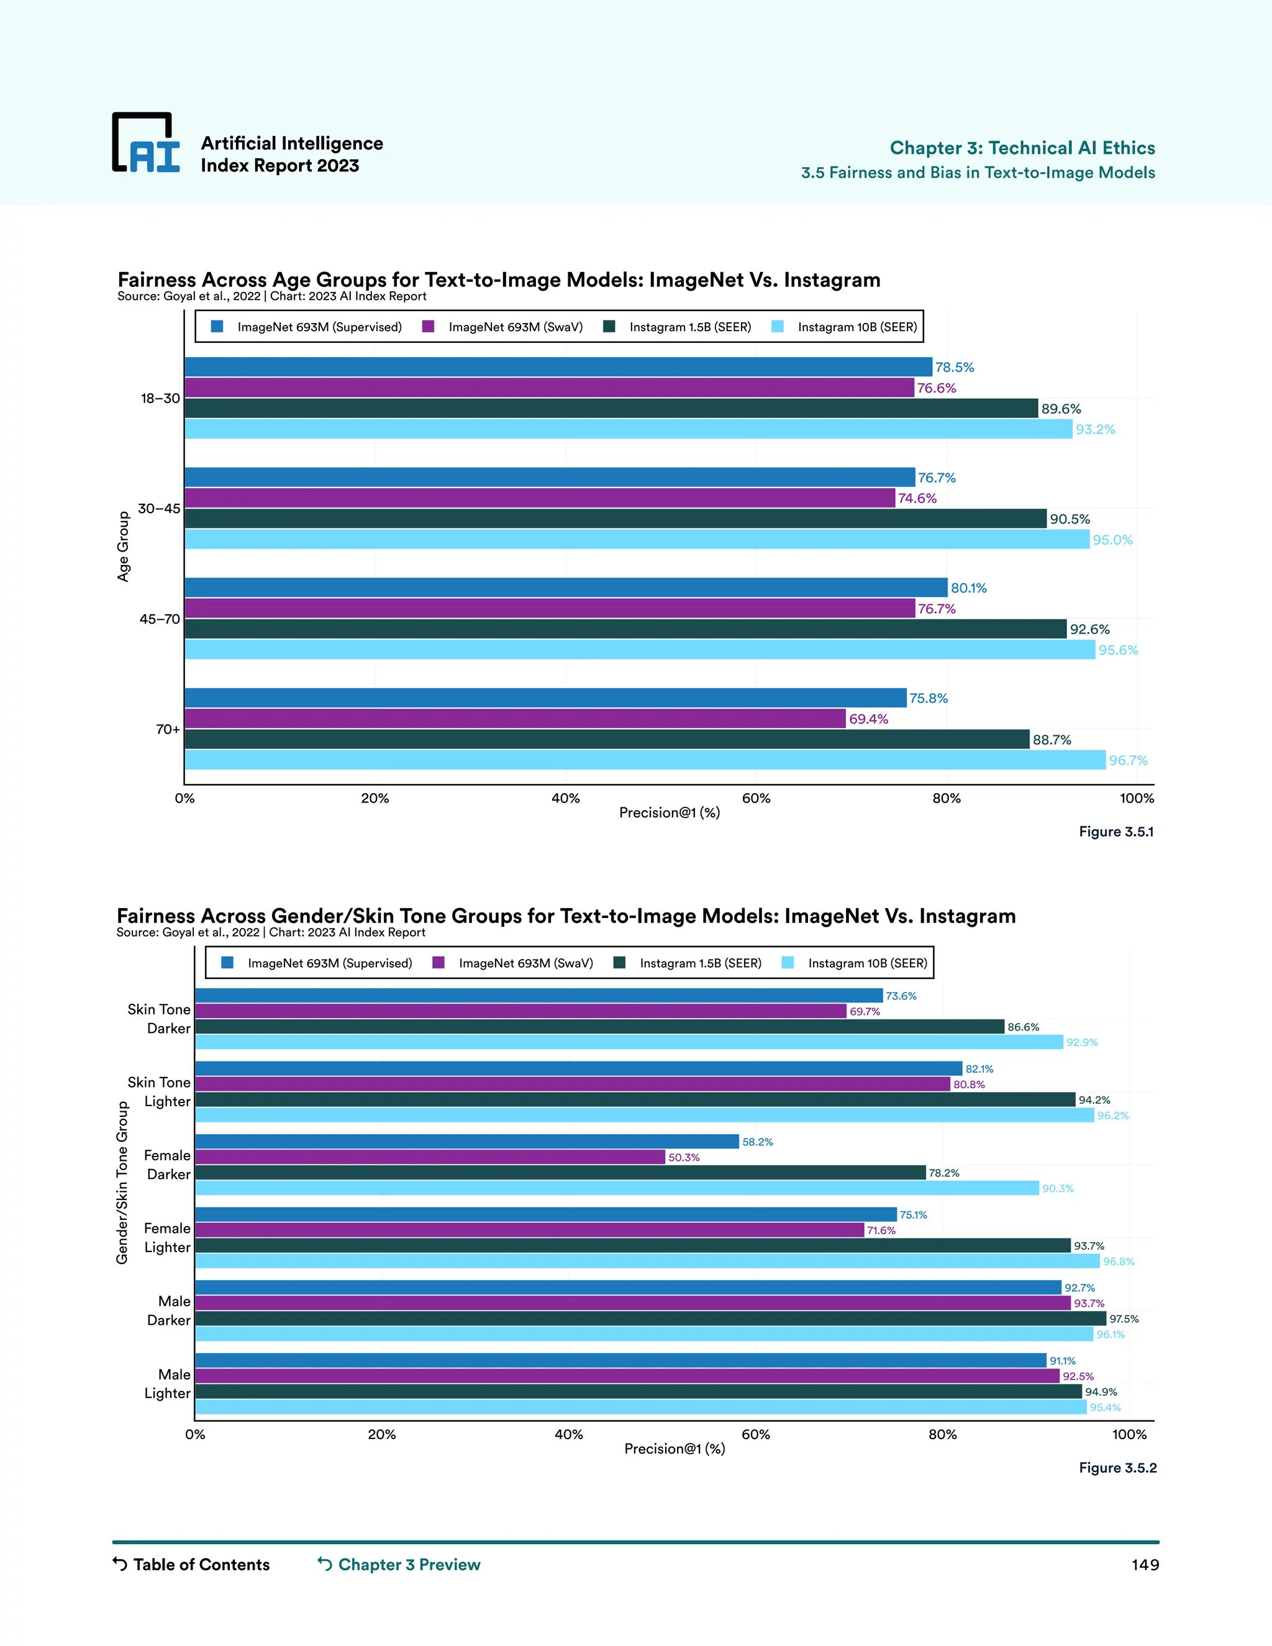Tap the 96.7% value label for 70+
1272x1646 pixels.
point(1128,760)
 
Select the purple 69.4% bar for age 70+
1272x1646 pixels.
point(515,719)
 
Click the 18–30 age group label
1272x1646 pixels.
point(160,399)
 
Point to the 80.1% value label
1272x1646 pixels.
point(968,588)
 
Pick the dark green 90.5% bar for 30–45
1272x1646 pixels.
point(615,519)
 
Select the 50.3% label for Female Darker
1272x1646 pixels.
point(683,1158)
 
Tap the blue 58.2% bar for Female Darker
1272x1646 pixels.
point(466,1142)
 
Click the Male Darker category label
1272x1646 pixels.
point(170,1311)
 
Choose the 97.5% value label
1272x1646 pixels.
point(1124,1319)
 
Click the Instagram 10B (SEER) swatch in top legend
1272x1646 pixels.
point(778,326)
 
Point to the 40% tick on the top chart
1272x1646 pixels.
point(565,798)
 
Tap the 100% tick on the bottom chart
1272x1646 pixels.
point(1129,1434)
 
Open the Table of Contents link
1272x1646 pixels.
point(191,1565)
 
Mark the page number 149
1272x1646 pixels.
point(1145,1565)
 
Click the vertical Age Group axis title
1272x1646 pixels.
point(124,547)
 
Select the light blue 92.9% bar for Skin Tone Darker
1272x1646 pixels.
point(629,1042)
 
